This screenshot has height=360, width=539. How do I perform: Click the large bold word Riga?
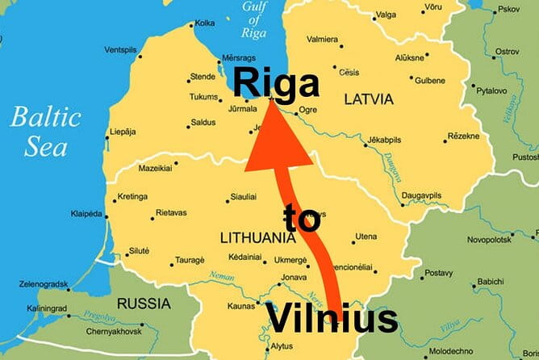275,82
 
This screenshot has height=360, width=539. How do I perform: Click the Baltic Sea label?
46,131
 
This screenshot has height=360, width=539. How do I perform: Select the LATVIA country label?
368,99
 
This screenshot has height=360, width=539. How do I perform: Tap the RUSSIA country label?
144,304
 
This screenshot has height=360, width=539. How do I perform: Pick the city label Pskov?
510,10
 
